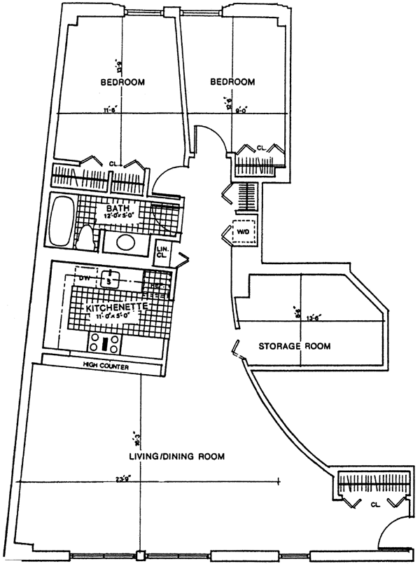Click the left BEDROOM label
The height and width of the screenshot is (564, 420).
pos(122,83)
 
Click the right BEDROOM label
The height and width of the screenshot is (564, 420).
pos(232,83)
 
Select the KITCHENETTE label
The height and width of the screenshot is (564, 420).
pos(115,308)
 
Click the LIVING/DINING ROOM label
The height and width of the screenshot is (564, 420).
pos(176,457)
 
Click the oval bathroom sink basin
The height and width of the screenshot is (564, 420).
pos(125,244)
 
